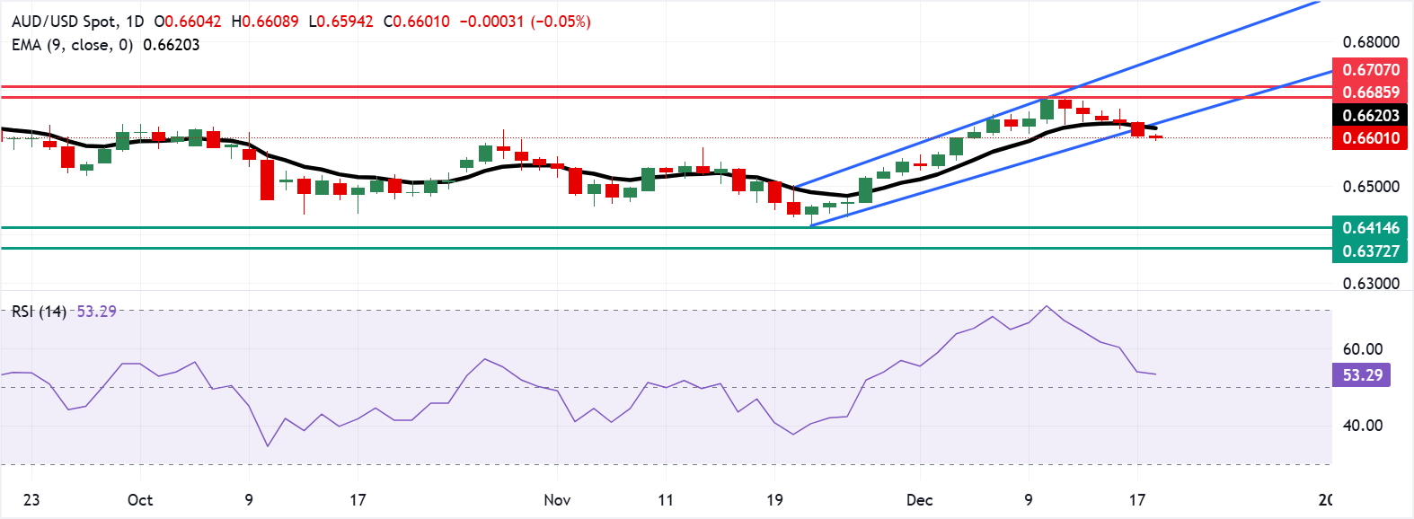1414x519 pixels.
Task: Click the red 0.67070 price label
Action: [x=1370, y=69]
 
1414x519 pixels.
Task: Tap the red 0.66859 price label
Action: [x=1370, y=92]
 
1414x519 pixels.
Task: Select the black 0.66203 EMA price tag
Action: [x=1370, y=115]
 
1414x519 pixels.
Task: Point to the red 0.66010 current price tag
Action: [x=1370, y=137]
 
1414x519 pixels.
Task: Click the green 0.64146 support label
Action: [x=1370, y=227]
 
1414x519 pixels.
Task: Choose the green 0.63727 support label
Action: [x=1370, y=251]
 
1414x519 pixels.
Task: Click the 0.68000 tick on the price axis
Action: [x=1370, y=42]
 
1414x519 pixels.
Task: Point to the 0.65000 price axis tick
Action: [x=1370, y=187]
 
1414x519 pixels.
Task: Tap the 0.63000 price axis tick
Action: [x=1370, y=283]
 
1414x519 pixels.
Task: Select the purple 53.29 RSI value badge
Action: [x=1362, y=374]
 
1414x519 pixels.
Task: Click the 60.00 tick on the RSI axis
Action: [x=1362, y=349]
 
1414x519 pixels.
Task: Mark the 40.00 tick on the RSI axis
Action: [x=1362, y=426]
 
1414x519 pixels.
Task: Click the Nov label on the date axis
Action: [x=557, y=500]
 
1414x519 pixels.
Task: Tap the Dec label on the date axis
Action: [x=919, y=500]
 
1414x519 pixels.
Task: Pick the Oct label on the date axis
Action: [x=140, y=500]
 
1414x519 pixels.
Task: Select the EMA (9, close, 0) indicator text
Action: [x=72, y=45]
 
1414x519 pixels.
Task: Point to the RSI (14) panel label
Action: [x=39, y=312]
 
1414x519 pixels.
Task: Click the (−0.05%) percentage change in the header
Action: [x=561, y=22]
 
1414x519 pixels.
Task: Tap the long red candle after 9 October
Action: [x=267, y=180]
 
